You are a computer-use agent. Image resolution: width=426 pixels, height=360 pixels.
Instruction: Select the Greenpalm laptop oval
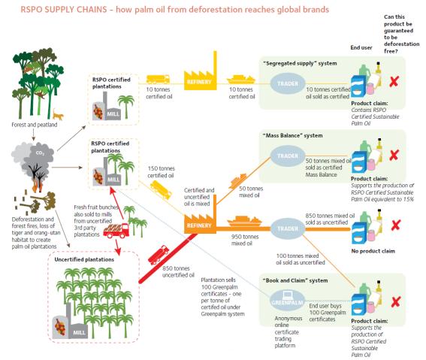pos(288,300)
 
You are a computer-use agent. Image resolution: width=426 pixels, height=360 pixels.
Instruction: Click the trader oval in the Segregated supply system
pos(288,83)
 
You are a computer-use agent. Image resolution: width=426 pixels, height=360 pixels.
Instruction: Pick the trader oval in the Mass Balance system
pos(288,156)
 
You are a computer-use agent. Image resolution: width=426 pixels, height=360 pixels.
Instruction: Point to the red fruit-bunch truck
pos(116,231)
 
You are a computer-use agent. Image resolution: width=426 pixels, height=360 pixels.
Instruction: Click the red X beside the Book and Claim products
pos(396,301)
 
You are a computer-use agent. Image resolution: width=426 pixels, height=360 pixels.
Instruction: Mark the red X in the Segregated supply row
pos(394,81)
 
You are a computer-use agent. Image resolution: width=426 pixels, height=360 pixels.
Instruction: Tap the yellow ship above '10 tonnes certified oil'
pos(241,80)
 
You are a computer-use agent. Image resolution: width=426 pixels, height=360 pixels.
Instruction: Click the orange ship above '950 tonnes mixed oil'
pos(244,222)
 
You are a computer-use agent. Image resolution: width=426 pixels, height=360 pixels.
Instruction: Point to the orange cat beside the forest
pos(58,115)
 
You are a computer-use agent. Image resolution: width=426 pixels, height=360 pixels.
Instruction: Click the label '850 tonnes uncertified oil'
pos(178,271)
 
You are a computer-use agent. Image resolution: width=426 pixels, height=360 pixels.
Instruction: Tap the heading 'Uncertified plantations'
pos(84,259)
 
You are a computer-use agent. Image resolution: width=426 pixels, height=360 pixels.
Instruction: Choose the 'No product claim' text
pos(373,251)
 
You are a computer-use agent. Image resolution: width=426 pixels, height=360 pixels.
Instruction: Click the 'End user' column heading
pos(361,47)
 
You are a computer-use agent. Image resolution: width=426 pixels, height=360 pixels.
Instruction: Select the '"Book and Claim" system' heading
pos(295,280)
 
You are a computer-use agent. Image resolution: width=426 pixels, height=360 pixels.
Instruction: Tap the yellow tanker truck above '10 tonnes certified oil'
pos(158,80)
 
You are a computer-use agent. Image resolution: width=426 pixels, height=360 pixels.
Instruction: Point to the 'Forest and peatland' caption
pos(35,125)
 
